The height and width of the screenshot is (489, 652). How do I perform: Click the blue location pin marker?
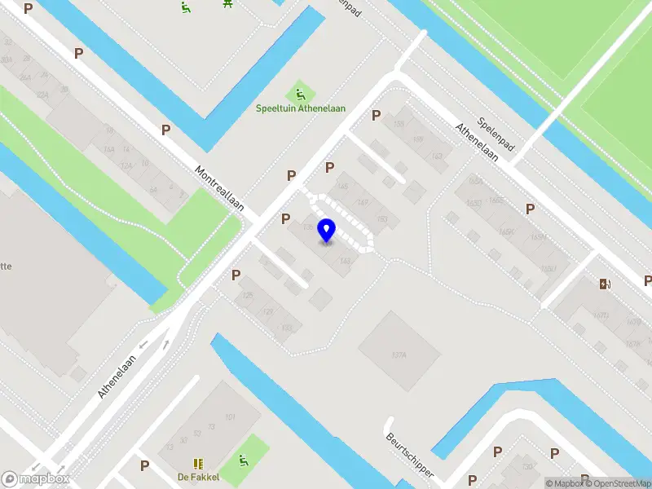click(x=327, y=230)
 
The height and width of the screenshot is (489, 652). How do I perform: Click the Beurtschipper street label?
click(x=410, y=456)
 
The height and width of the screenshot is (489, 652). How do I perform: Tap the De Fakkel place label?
click(x=199, y=477)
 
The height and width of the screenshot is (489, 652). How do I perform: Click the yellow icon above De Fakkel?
click(x=198, y=463)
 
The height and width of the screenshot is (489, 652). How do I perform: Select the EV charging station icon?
click(x=605, y=284)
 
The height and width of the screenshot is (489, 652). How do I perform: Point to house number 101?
click(x=231, y=418)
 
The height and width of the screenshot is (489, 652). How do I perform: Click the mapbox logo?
click(x=35, y=478)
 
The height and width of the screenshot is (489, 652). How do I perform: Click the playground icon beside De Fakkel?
click(x=243, y=462)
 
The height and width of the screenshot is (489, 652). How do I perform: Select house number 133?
click(x=286, y=328)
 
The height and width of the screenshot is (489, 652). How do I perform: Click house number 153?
click(x=382, y=219)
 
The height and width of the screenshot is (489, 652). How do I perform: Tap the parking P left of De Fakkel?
click(x=145, y=465)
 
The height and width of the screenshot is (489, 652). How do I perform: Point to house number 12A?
click(x=126, y=165)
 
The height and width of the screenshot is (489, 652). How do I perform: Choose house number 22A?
click(x=43, y=95)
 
